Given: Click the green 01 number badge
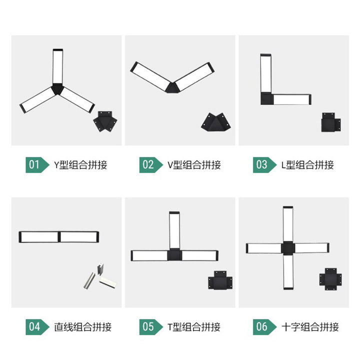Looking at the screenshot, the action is pos(37,165).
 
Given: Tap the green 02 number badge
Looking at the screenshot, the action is pos(151,165).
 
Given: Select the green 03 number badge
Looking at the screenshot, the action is pos(264,165).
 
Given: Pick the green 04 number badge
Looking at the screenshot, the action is pos(37,327).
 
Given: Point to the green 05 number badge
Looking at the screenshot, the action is pos(151,327).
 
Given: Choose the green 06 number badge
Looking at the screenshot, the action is pos(264,327).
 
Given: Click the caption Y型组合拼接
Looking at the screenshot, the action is pos(80,165).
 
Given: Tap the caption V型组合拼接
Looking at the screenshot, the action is pos(194,165).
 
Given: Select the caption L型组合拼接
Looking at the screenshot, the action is pos(307,165).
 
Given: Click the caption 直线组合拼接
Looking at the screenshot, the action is pos(83,327).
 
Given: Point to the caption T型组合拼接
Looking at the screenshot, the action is pos(194,327).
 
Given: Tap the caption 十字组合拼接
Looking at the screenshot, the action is pos(310,327).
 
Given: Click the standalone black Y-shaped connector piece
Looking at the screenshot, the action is pos(105,121).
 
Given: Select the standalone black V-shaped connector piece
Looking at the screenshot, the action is pos(216,122).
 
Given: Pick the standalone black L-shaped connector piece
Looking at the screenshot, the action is pos(330,122).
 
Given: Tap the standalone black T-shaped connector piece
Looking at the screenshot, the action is pos(220,280).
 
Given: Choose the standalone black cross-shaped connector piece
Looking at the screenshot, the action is pos(330,279).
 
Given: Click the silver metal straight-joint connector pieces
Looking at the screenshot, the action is pos(100,276).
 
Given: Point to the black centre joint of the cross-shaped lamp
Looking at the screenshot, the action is pos(288,248).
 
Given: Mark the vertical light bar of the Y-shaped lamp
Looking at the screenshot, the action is pos(58,66).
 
